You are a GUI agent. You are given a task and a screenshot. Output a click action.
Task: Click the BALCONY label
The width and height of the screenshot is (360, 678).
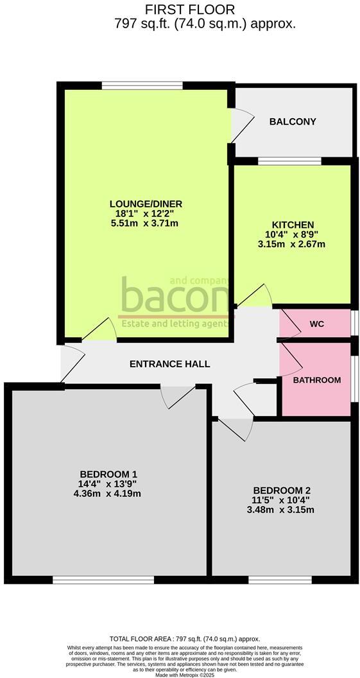tap(293, 121)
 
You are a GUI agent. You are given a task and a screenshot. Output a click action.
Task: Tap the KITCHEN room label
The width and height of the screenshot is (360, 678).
tap(293, 225)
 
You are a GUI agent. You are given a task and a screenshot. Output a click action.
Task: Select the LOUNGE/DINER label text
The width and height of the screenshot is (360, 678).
tap(144, 204)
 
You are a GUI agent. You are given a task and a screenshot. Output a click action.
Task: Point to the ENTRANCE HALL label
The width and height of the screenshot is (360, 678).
tap(169, 364)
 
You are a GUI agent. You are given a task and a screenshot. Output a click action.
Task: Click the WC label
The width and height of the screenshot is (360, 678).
tap(316, 324)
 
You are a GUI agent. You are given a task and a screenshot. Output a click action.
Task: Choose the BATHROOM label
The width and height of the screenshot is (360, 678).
tap(316, 380)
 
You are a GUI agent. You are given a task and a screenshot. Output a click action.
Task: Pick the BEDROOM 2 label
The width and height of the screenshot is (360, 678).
tap(282, 491)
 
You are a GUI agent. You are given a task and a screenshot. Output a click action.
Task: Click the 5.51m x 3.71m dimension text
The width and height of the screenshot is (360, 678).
tap(144, 223)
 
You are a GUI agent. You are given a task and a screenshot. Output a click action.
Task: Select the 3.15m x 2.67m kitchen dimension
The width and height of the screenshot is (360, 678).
tap(293, 244)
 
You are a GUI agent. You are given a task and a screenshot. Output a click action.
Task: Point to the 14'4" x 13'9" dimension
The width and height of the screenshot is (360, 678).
tap(107, 484)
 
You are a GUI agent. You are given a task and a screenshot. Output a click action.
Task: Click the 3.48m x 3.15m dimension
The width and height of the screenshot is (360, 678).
tap(282, 510)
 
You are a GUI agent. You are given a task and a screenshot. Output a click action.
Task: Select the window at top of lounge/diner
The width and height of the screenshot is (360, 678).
tap(142, 85)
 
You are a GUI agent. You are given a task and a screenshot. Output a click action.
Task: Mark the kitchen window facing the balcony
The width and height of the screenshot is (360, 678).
tap(289, 161)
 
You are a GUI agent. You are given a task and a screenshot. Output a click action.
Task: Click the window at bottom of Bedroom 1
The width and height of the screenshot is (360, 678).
tap(103, 580)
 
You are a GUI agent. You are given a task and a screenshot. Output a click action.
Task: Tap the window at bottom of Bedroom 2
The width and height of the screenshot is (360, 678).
tap(280, 580)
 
